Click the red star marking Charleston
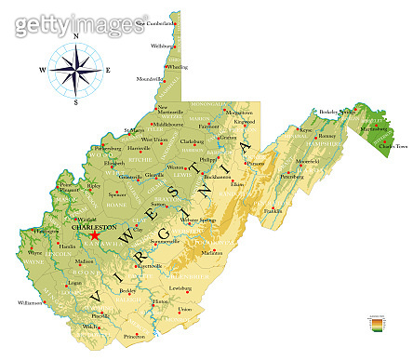pos(95,235)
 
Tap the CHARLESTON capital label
pos(95,226)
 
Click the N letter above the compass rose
pos(76,38)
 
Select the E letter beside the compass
pos(108,70)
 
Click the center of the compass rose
pos(75,70)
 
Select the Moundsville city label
pos(149,79)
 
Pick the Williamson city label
pos(29,302)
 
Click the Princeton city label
pos(137,336)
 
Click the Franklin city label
pos(273,211)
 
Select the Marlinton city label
pos(213,252)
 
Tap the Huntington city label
pos(47,231)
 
